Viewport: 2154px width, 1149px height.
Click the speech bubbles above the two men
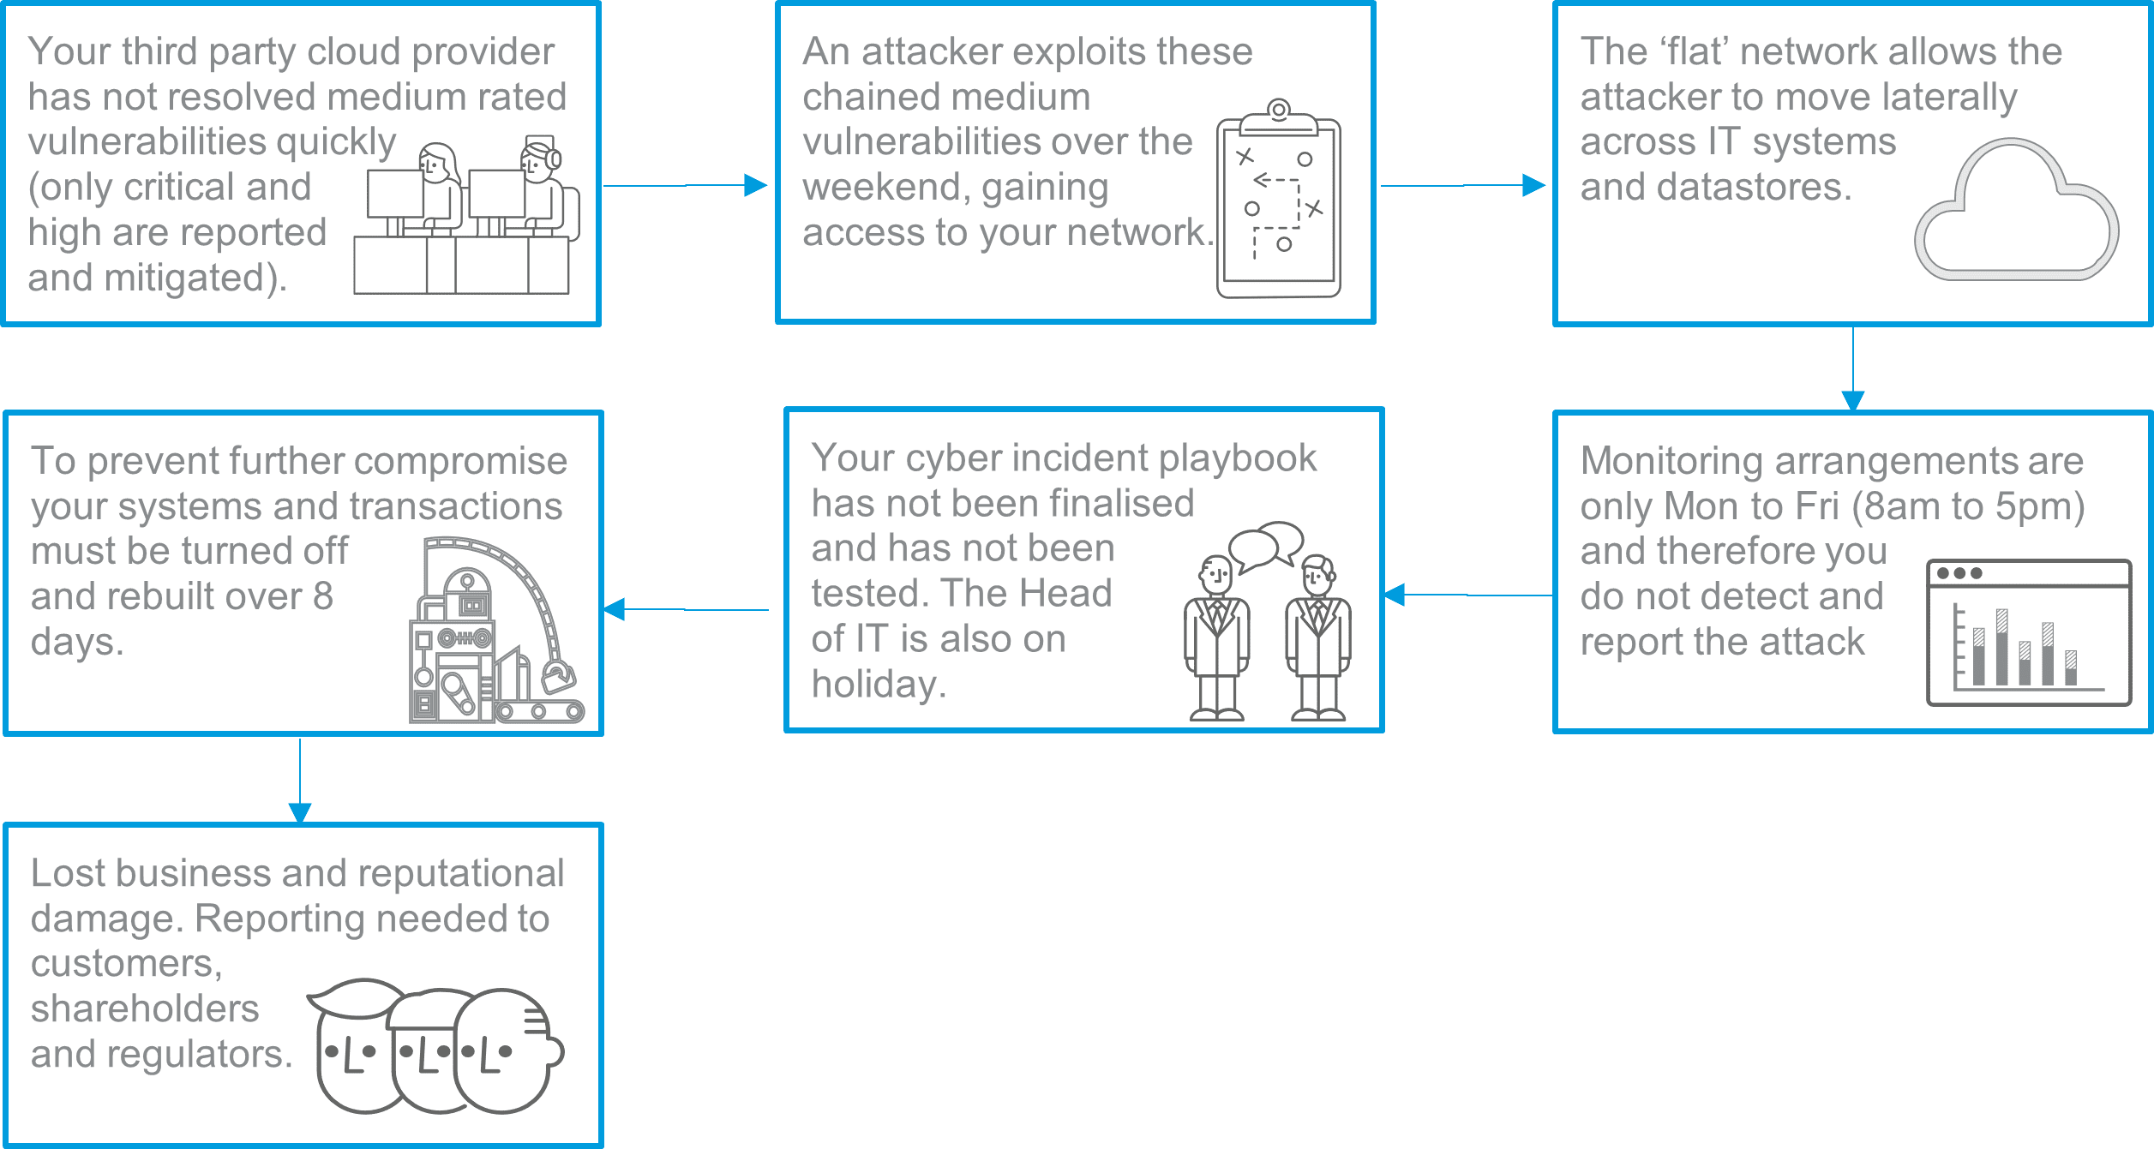pos(1266,546)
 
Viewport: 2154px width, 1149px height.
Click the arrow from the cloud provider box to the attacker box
pos(685,185)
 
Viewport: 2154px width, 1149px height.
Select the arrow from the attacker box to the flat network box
pos(1462,185)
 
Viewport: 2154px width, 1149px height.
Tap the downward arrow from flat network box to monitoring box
pos(1853,368)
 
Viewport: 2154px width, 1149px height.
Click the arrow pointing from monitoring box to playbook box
pos(1467,595)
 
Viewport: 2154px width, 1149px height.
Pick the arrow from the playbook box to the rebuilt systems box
pos(686,609)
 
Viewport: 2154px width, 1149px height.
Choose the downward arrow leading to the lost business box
pos(300,781)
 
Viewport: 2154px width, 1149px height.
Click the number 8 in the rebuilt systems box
pos(322,596)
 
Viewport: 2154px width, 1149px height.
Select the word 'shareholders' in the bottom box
pos(145,1008)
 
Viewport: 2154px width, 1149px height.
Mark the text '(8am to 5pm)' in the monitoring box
pos(1968,507)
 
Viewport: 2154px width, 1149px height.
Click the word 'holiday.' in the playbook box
pos(879,684)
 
